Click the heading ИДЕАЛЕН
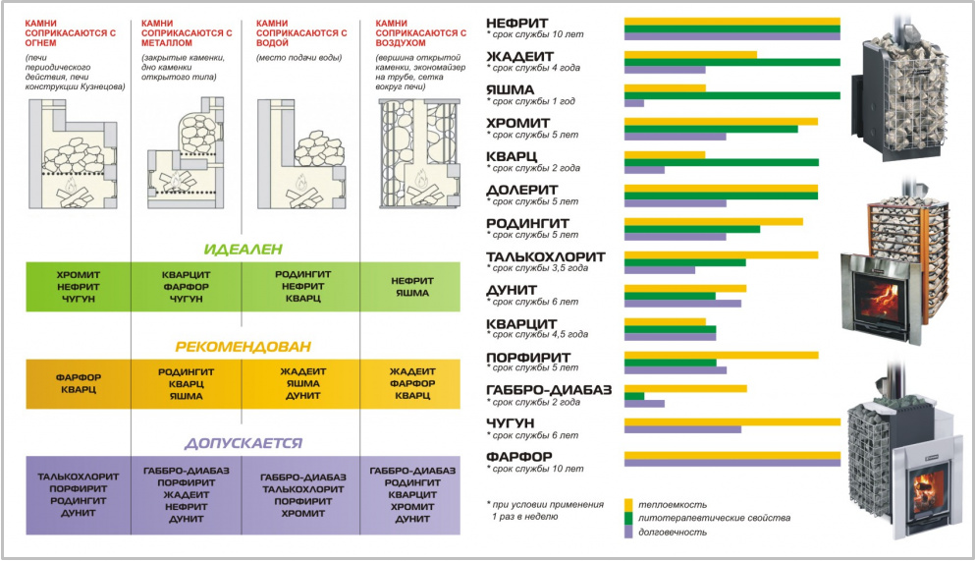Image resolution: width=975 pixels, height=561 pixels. (244, 250)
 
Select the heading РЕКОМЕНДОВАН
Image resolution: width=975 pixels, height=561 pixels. (244, 347)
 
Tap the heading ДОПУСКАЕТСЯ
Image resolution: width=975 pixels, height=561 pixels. (244, 443)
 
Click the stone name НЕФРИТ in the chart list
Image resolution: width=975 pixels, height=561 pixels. (516, 23)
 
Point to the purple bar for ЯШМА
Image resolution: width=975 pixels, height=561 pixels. (633, 103)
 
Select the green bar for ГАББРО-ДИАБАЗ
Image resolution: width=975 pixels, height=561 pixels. (633, 396)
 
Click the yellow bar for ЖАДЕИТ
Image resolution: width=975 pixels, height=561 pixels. (690, 55)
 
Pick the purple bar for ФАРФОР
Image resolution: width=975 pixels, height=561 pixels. (731, 463)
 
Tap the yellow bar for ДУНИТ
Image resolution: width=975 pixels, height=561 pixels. (685, 289)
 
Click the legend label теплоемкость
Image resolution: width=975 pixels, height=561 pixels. (673, 504)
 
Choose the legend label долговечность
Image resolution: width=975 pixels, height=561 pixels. (673, 532)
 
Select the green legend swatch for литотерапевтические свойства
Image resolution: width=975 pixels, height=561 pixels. (628, 518)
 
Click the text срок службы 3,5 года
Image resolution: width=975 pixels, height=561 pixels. (540, 268)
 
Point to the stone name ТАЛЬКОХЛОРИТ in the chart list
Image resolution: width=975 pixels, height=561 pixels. (545, 256)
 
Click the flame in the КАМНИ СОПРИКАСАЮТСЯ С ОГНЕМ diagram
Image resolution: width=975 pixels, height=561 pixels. (71, 184)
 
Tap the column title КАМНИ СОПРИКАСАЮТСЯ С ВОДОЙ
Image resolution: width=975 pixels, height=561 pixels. (301, 33)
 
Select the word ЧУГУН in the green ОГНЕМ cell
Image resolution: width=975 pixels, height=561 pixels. (79, 299)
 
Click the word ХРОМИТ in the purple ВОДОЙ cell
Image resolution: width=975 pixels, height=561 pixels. (302, 513)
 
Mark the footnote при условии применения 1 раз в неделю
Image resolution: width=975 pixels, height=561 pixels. (546, 510)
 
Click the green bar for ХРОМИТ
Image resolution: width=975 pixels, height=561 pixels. (711, 130)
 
